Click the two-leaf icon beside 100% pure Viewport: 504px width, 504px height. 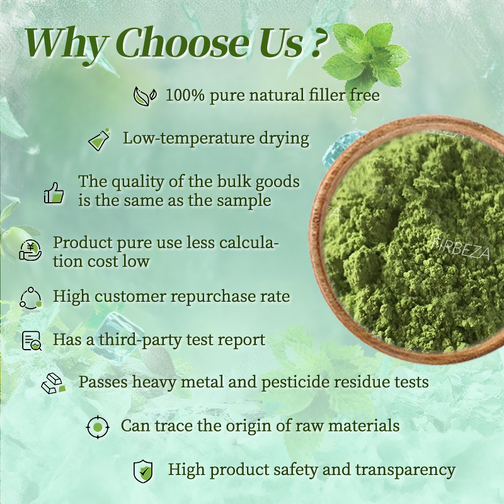pos(145,96)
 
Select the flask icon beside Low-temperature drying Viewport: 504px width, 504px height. pos(99,139)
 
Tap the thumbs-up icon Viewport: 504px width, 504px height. pos(54,192)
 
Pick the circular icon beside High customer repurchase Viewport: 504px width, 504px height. pos(30,297)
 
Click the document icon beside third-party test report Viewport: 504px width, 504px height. pos(31,340)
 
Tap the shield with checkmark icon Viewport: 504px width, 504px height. pos(143,471)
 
